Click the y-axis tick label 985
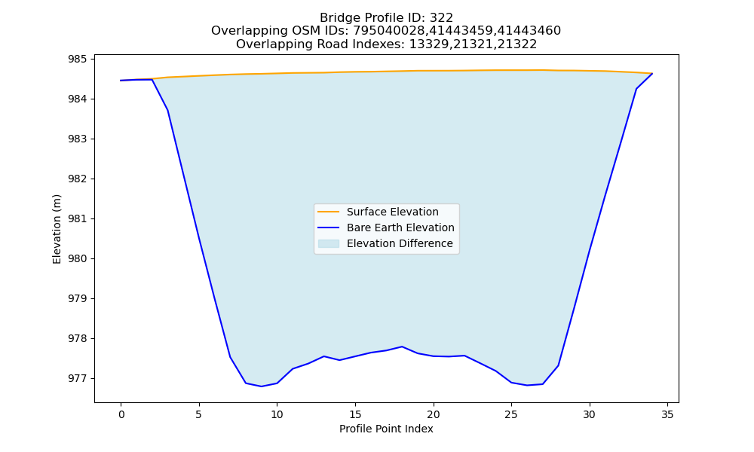78,59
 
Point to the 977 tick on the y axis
78,378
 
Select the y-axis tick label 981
78,218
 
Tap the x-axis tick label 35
667,414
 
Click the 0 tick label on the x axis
121,414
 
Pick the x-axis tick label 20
434,414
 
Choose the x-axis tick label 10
277,414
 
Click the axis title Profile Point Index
386,429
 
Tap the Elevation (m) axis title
57,229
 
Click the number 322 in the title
442,18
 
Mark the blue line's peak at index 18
402,347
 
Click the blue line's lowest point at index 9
262,386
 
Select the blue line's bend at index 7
230,357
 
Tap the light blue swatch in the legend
329,243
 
